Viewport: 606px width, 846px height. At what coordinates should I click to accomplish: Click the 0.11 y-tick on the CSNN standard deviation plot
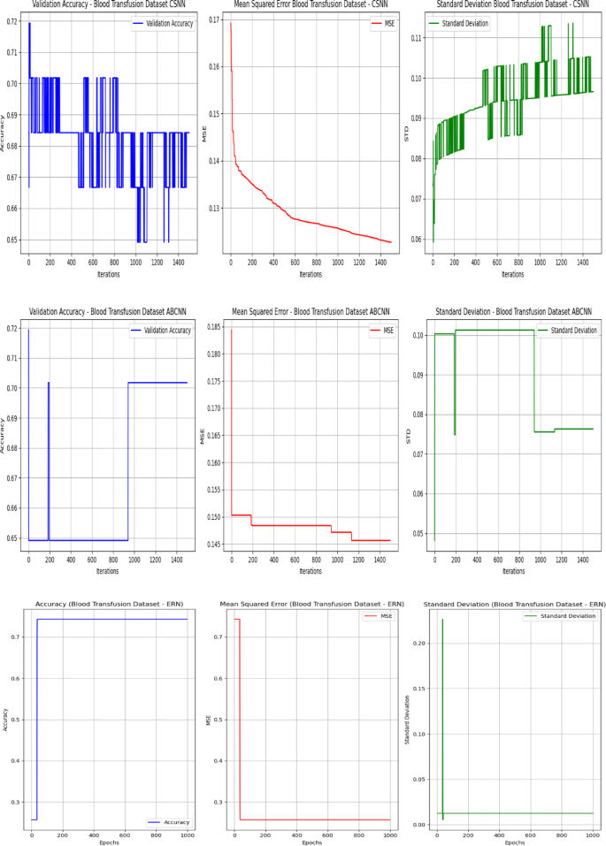click(x=417, y=39)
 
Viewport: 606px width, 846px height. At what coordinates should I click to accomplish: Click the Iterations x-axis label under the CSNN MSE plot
click(x=310, y=274)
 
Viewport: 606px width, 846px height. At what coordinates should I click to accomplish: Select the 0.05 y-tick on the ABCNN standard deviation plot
click(x=418, y=534)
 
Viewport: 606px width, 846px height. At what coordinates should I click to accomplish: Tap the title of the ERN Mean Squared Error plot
click(x=310, y=604)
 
